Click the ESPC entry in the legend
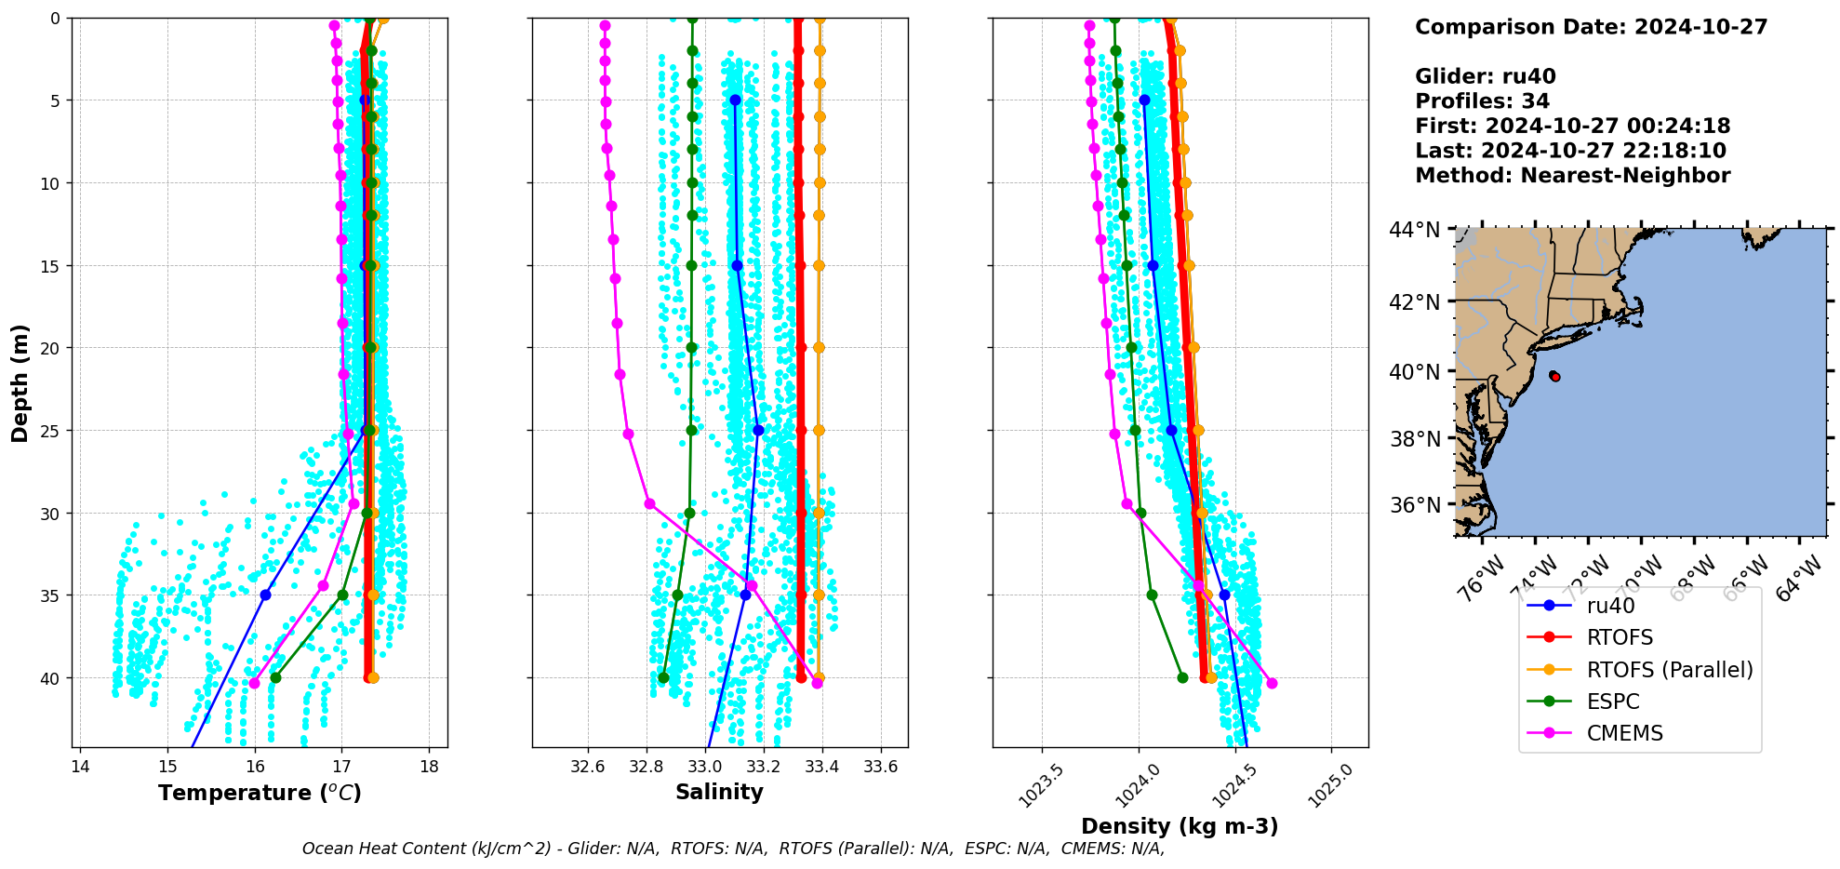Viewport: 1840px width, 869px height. coord(1613,702)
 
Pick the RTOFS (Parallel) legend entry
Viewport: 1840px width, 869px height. coord(1669,670)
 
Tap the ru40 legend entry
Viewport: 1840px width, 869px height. coord(1610,606)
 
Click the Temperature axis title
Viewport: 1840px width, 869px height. coord(260,793)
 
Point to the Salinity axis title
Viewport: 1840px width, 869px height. coord(719,792)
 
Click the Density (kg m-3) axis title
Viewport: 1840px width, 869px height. coord(1180,826)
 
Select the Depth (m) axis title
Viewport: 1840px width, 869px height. coord(20,382)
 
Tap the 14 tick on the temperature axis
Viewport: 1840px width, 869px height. coord(80,767)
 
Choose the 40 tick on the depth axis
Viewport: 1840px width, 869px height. coord(49,678)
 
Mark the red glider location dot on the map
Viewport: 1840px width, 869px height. coord(1555,376)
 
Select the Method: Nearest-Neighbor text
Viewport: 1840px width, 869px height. coord(1572,176)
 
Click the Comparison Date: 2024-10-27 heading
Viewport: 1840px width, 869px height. coord(1591,27)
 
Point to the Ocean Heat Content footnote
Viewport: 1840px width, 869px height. coord(733,849)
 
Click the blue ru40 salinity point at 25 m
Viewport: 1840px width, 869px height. coord(758,430)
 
